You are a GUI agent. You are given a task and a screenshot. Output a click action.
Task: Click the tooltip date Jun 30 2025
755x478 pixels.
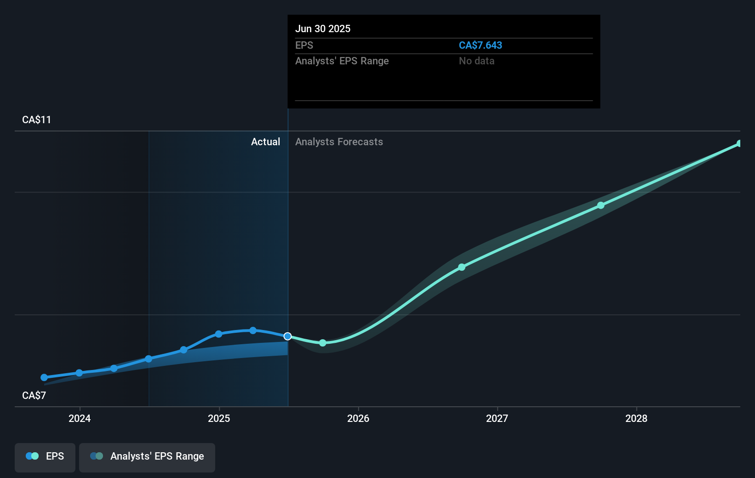click(322, 28)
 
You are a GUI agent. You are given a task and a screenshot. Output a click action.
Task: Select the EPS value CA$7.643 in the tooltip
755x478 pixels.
click(480, 45)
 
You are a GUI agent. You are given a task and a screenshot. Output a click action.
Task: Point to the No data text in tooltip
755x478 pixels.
click(476, 61)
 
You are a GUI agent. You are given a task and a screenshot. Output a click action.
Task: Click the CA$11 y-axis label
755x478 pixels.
click(36, 119)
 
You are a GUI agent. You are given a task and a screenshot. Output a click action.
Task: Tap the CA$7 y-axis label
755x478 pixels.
click(34, 395)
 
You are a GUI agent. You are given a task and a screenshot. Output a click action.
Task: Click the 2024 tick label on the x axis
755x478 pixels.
click(80, 418)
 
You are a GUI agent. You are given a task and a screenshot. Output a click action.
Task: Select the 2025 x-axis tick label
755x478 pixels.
click(219, 418)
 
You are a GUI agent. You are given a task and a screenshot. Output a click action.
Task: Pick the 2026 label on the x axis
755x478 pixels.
click(358, 418)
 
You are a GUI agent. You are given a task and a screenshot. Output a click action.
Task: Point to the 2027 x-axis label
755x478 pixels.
click(497, 418)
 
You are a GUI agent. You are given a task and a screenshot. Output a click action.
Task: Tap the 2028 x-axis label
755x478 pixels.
click(636, 418)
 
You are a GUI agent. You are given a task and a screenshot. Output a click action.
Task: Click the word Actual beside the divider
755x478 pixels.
click(265, 142)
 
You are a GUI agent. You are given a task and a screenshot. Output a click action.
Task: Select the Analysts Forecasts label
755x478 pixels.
click(339, 142)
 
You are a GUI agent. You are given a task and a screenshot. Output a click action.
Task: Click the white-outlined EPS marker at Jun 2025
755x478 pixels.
click(287, 336)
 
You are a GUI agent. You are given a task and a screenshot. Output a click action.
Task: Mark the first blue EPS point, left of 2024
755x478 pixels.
click(44, 377)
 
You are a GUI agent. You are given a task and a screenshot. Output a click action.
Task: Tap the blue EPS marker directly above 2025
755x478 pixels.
click(219, 334)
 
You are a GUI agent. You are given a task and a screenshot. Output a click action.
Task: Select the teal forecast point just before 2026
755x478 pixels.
click(323, 343)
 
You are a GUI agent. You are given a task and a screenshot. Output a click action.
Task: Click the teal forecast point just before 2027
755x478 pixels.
click(462, 267)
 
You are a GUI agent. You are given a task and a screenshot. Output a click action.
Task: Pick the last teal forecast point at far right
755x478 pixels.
click(739, 144)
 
